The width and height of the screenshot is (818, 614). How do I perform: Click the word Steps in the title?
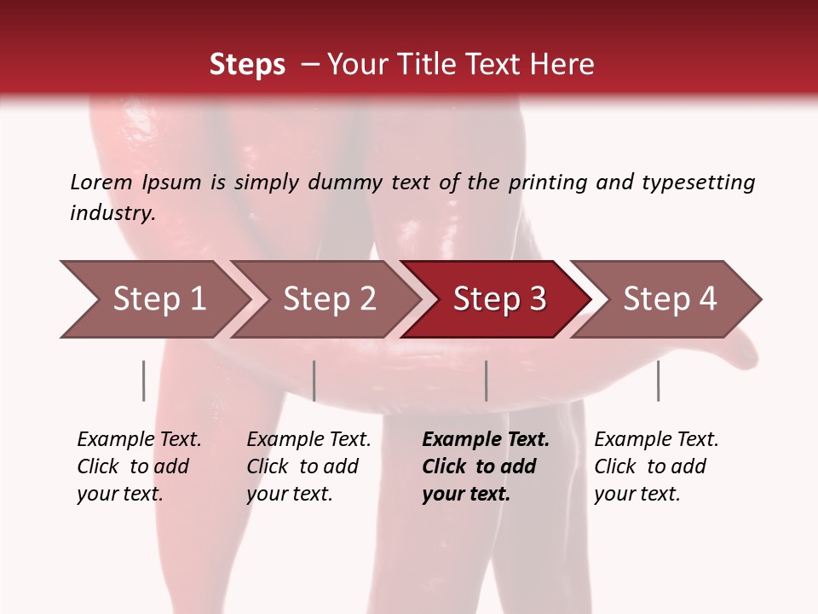coord(247,65)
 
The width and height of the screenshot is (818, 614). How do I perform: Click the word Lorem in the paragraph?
coord(101,182)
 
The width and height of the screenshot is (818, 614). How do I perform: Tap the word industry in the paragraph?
coord(112,213)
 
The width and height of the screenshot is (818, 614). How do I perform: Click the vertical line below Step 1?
coord(144,380)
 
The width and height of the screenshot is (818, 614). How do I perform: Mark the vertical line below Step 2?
coord(314,380)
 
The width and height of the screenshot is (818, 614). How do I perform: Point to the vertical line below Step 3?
coord(487,380)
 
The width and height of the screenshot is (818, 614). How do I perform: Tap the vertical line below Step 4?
coord(658,380)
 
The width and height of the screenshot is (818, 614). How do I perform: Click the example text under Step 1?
coord(138,466)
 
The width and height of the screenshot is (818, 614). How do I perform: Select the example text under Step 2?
coord(308,466)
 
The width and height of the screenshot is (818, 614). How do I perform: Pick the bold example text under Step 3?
coord(486,466)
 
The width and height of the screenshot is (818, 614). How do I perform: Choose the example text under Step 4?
coord(656,466)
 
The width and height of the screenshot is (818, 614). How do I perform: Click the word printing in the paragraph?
coord(547,182)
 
